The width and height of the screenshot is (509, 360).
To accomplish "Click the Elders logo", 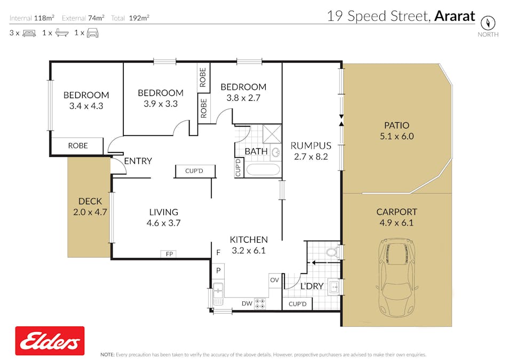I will click(50, 341).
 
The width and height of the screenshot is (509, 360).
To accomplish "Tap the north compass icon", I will click(488, 23).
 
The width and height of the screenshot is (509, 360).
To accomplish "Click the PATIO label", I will click(396, 125).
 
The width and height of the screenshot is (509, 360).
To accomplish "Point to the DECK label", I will click(90, 201).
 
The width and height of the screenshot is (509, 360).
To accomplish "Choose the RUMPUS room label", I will click(311, 146).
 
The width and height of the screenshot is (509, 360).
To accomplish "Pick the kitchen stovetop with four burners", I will click(260, 303).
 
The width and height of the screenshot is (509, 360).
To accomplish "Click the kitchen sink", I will click(218, 292).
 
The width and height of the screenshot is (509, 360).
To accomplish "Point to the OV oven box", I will click(274, 280).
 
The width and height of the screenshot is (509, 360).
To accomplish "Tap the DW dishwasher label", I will click(246, 303).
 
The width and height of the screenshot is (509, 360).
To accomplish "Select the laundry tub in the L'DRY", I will click(333, 287).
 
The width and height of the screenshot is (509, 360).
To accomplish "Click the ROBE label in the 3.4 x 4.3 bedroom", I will click(78, 146).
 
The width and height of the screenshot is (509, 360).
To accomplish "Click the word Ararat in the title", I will click(454, 16).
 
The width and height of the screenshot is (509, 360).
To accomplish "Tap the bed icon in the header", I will click(29, 33).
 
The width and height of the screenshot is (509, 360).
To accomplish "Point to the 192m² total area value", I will click(138, 18).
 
